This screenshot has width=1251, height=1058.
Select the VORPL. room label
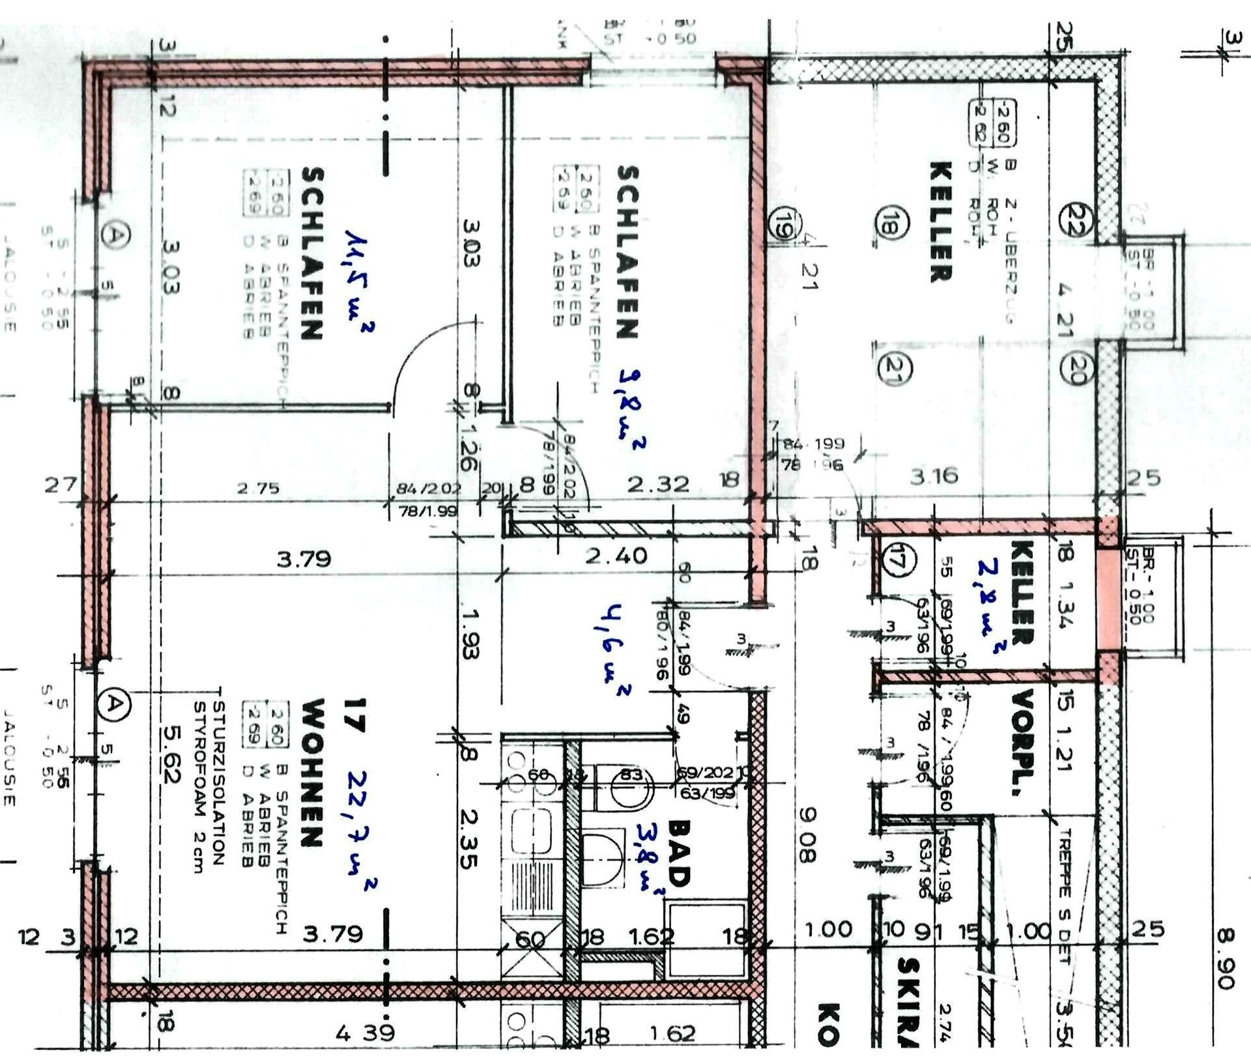(1023, 743)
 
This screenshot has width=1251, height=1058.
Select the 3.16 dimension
(934, 476)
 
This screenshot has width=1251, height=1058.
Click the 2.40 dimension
(616, 556)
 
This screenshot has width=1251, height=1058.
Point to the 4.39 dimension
(365, 1033)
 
